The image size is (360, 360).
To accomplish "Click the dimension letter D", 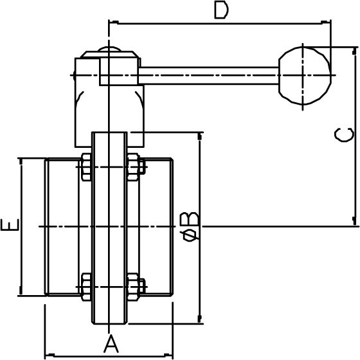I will [221, 11].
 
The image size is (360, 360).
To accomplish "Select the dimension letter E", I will [10, 226].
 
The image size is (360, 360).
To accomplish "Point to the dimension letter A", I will [111, 342].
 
